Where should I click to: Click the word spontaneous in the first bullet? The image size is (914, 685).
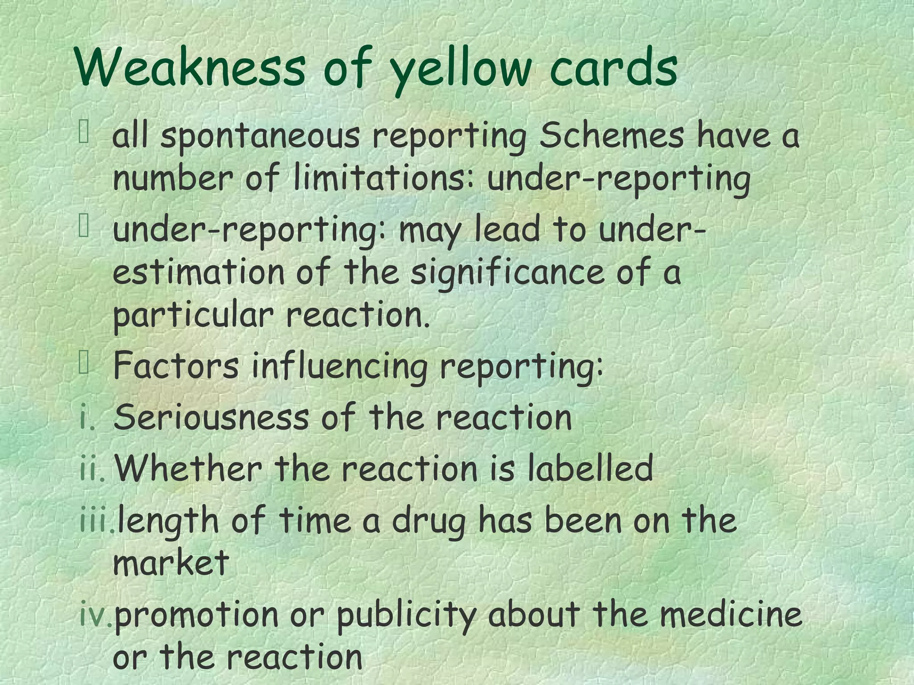pyautogui.click(x=260, y=137)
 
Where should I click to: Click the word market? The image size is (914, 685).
pyautogui.click(x=171, y=562)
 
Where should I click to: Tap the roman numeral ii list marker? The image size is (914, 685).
pyautogui.click(x=92, y=469)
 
